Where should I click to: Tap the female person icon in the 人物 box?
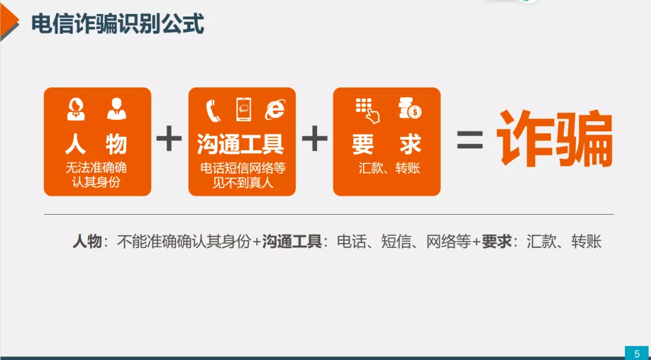pyautogui.click(x=76, y=109)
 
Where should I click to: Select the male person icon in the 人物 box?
pyautogui.click(x=117, y=109)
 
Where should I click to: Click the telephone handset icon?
pyautogui.click(x=213, y=110)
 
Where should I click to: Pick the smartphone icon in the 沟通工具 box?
pyautogui.click(x=244, y=109)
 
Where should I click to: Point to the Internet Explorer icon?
pyautogui.click(x=275, y=109)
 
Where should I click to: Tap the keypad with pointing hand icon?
pyautogui.click(x=368, y=110)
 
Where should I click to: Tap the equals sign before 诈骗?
pyautogui.click(x=470, y=140)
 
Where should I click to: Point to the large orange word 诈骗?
pyautogui.click(x=555, y=139)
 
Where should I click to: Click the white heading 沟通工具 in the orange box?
pyautogui.click(x=241, y=144)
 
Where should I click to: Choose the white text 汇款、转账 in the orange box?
pyautogui.click(x=389, y=169)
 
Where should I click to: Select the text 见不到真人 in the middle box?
pyautogui.click(x=243, y=182)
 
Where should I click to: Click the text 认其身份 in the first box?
pyautogui.click(x=96, y=182)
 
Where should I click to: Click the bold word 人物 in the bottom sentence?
pyautogui.click(x=87, y=241)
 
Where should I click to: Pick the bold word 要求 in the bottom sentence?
pyautogui.click(x=496, y=241)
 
